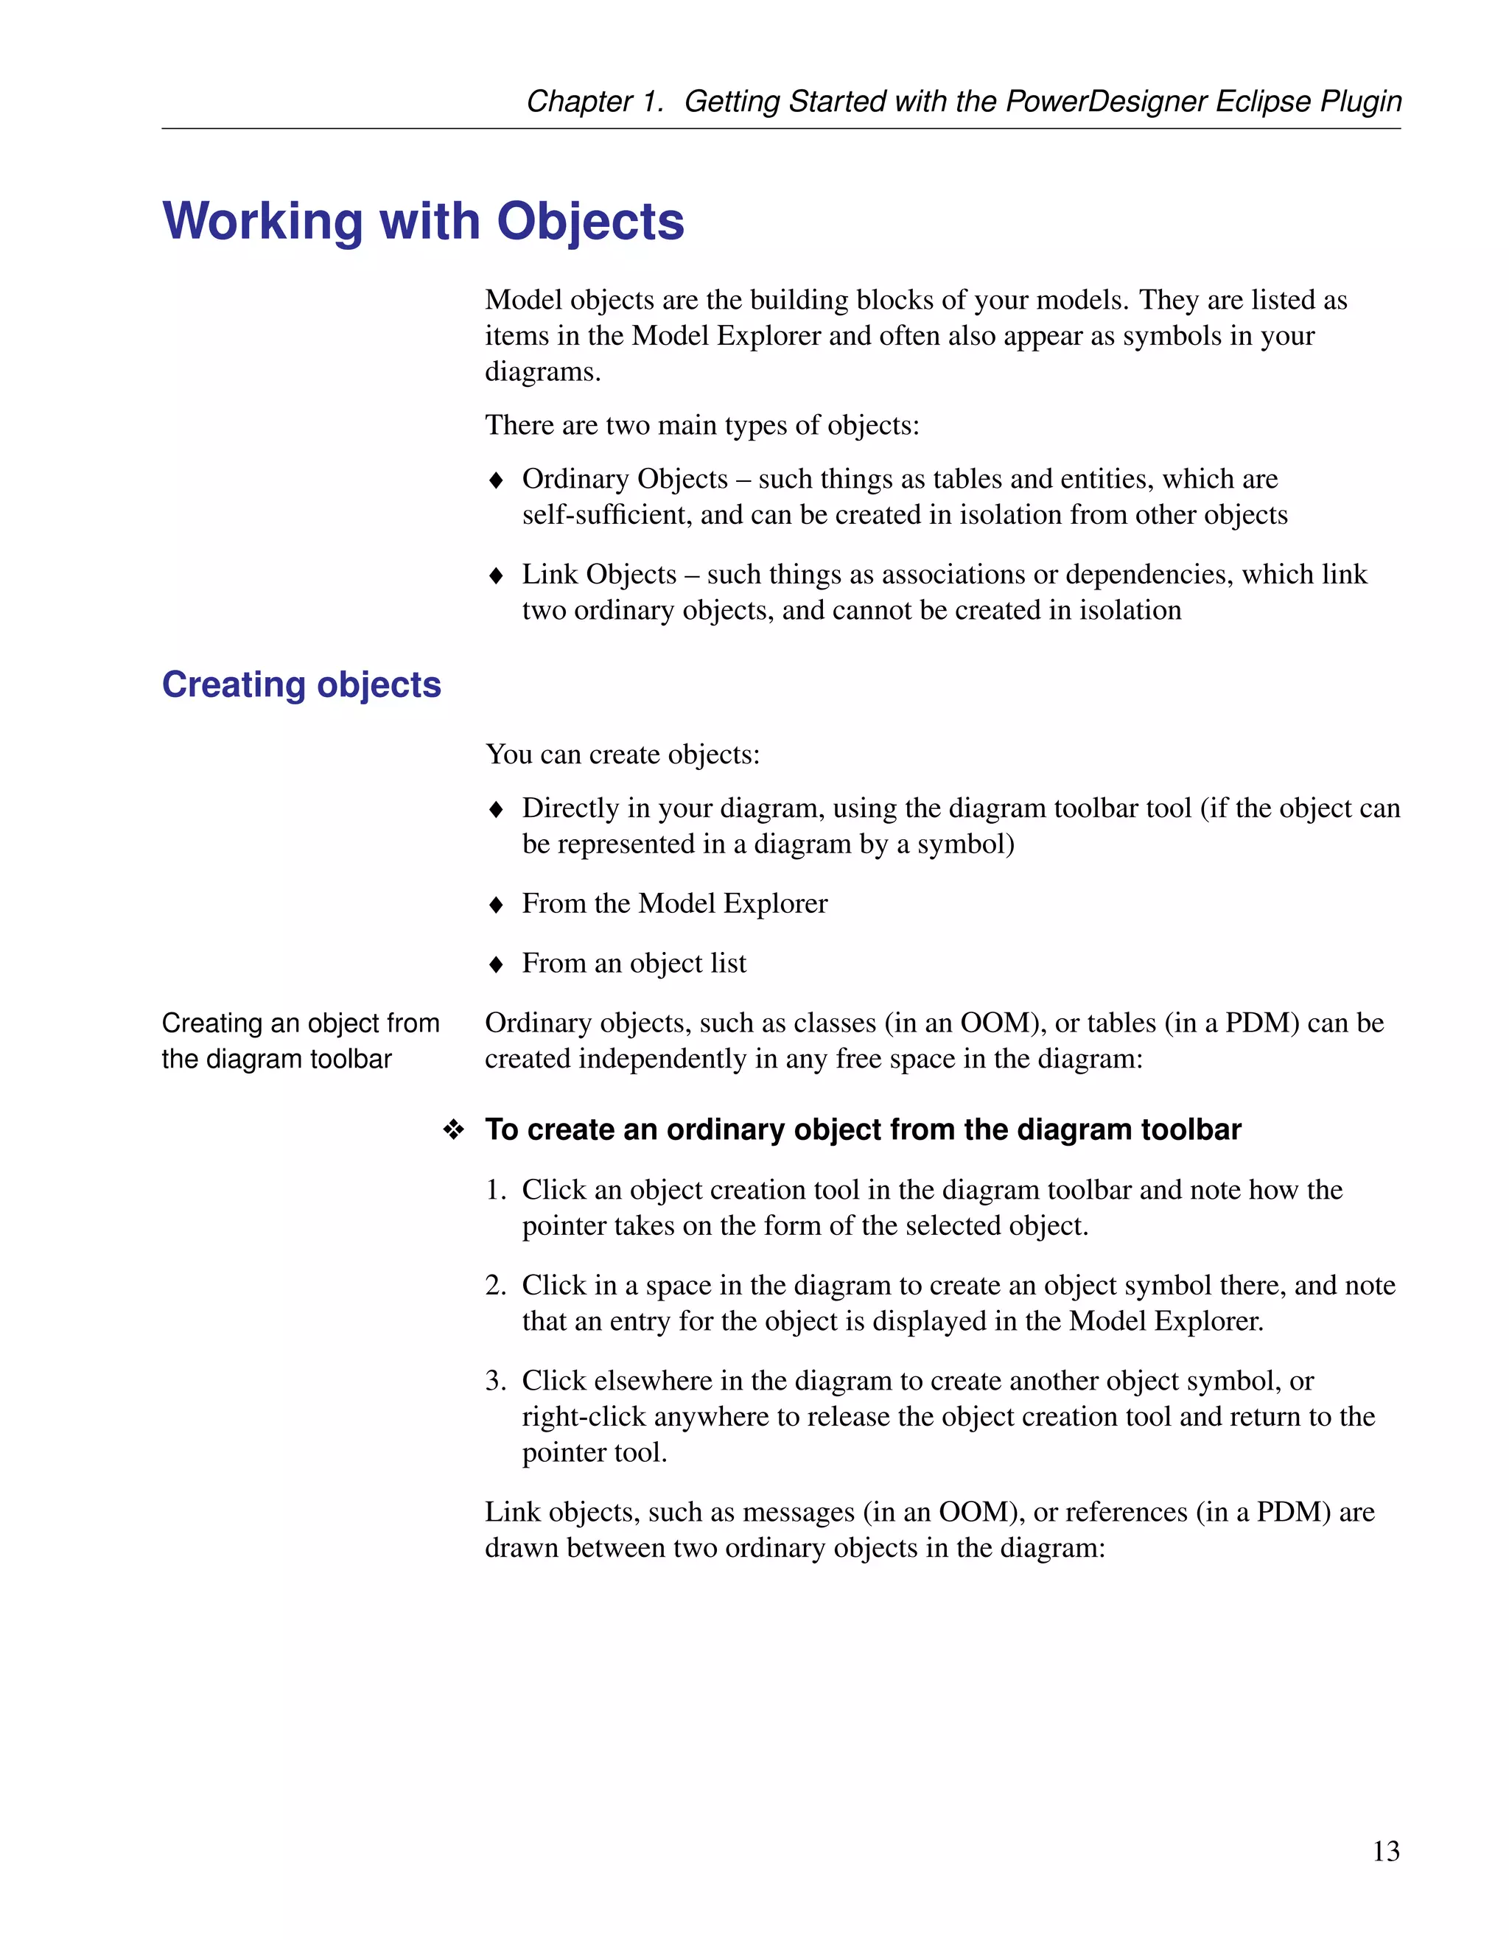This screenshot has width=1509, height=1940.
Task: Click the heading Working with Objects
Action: tap(424, 221)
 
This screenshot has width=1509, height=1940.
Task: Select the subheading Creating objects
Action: tap(301, 685)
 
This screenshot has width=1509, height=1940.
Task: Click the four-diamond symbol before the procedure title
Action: tap(454, 1130)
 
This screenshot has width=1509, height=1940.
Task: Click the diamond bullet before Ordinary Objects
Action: tap(497, 480)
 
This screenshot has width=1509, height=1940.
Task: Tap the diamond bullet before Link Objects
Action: tap(497, 575)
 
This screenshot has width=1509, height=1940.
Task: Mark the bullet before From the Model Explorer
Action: tap(497, 905)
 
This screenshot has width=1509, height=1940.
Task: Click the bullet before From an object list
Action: tap(497, 964)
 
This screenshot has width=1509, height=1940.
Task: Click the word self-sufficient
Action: tap(606, 515)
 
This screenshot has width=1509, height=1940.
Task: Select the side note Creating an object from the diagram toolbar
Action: tap(300, 1041)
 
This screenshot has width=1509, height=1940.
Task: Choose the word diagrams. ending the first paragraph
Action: tap(543, 371)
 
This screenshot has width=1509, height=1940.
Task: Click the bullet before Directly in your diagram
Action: tap(497, 809)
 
